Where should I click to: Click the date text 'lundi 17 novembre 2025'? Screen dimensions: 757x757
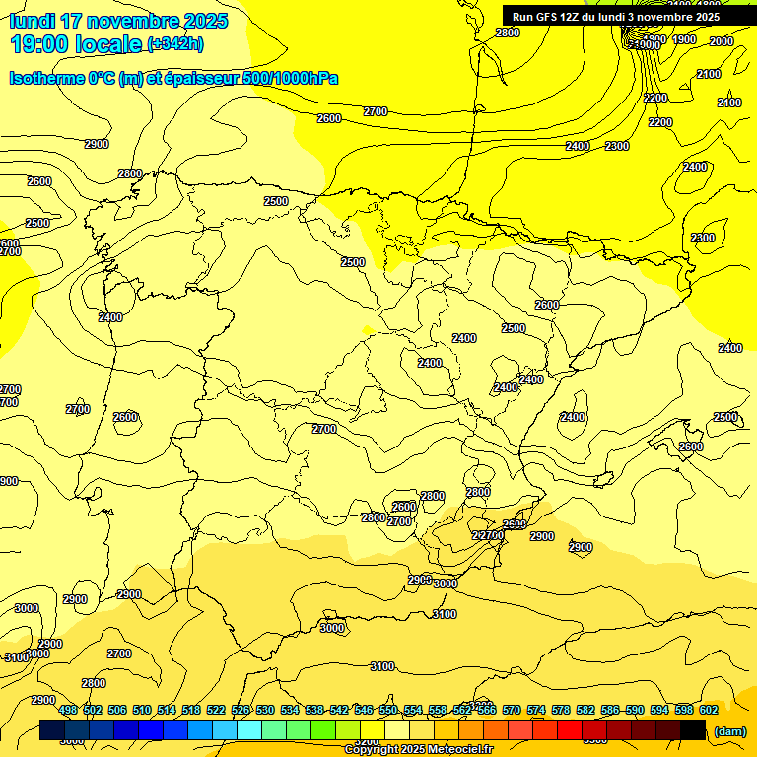tap(118, 21)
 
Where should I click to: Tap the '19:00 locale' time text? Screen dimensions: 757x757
tap(75, 44)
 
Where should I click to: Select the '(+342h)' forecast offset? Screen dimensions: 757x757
tap(175, 44)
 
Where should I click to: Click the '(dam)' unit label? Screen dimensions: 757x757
tap(729, 730)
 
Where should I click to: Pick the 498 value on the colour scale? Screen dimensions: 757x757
tap(68, 710)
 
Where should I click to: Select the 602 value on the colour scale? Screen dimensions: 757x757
tap(709, 710)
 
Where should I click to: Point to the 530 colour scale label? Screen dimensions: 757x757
tap(265, 710)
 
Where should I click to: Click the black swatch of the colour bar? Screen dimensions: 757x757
tap(693, 730)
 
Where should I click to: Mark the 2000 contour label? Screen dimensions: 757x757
tap(722, 41)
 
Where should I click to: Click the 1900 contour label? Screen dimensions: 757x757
tap(685, 39)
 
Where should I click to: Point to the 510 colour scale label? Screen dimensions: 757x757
tap(142, 710)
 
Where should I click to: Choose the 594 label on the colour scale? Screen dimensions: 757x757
tap(659, 710)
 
